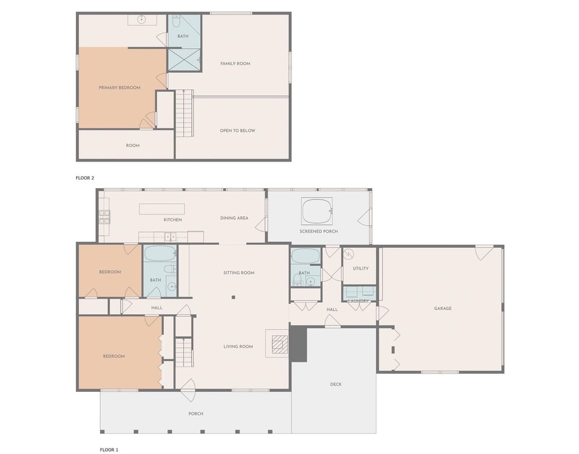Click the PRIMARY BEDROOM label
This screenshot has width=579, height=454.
tap(119, 88)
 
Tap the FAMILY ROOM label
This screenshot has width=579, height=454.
tap(235, 64)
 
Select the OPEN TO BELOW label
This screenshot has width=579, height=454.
tap(238, 131)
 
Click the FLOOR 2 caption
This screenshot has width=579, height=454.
tap(85, 178)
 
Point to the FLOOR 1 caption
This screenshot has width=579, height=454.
tap(109, 449)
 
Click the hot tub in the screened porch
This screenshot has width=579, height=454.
tap(317, 212)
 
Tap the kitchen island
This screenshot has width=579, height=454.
tap(162, 209)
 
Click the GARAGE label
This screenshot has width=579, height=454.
tap(443, 309)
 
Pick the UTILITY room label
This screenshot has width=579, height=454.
tap(361, 268)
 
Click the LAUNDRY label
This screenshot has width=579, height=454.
tap(358, 301)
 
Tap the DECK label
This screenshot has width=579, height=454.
tap(336, 384)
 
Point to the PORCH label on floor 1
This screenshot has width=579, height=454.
tap(196, 414)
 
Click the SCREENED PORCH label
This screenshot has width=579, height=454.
tap(318, 232)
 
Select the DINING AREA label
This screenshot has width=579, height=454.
tap(234, 218)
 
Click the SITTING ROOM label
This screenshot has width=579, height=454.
tap(239, 273)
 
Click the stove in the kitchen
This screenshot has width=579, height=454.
tap(104, 217)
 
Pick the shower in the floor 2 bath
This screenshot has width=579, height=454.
tap(183, 60)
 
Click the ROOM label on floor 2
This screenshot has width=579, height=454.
tap(133, 145)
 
